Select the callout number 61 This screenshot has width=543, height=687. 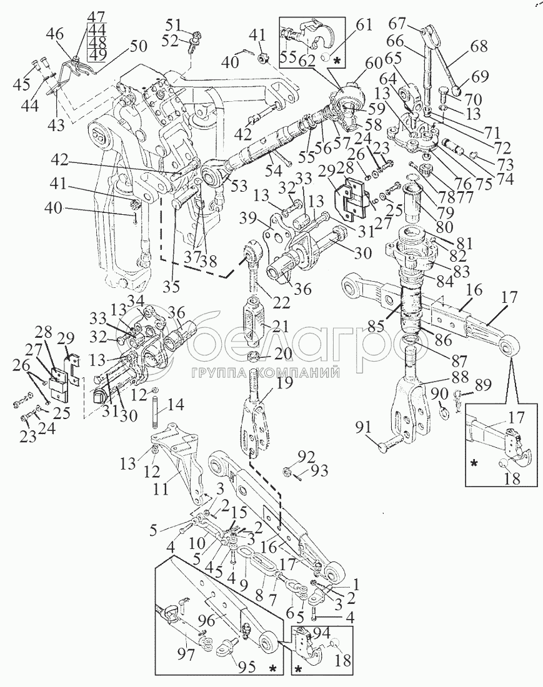coord(364,25)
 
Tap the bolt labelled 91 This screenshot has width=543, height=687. coord(392,446)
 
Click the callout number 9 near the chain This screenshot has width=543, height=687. coord(236,587)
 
